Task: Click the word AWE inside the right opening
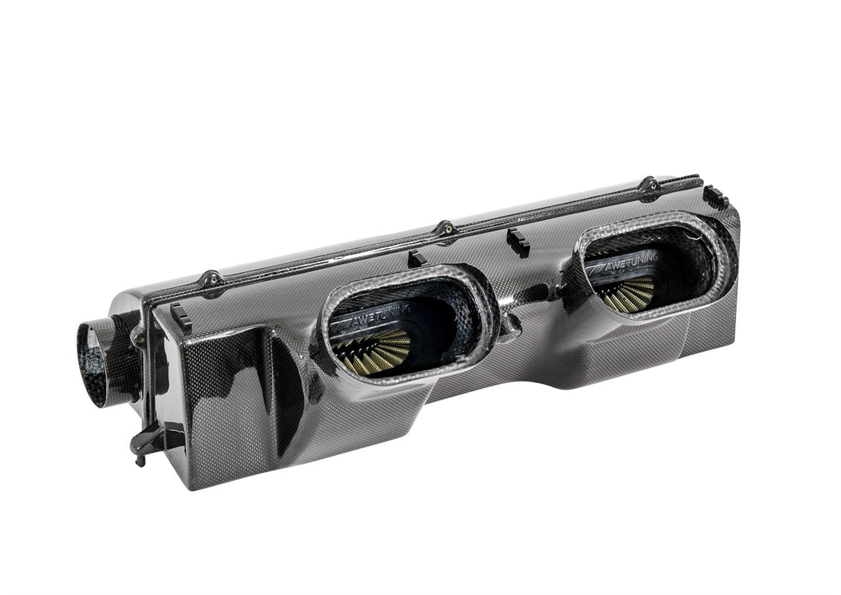click(609, 267)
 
